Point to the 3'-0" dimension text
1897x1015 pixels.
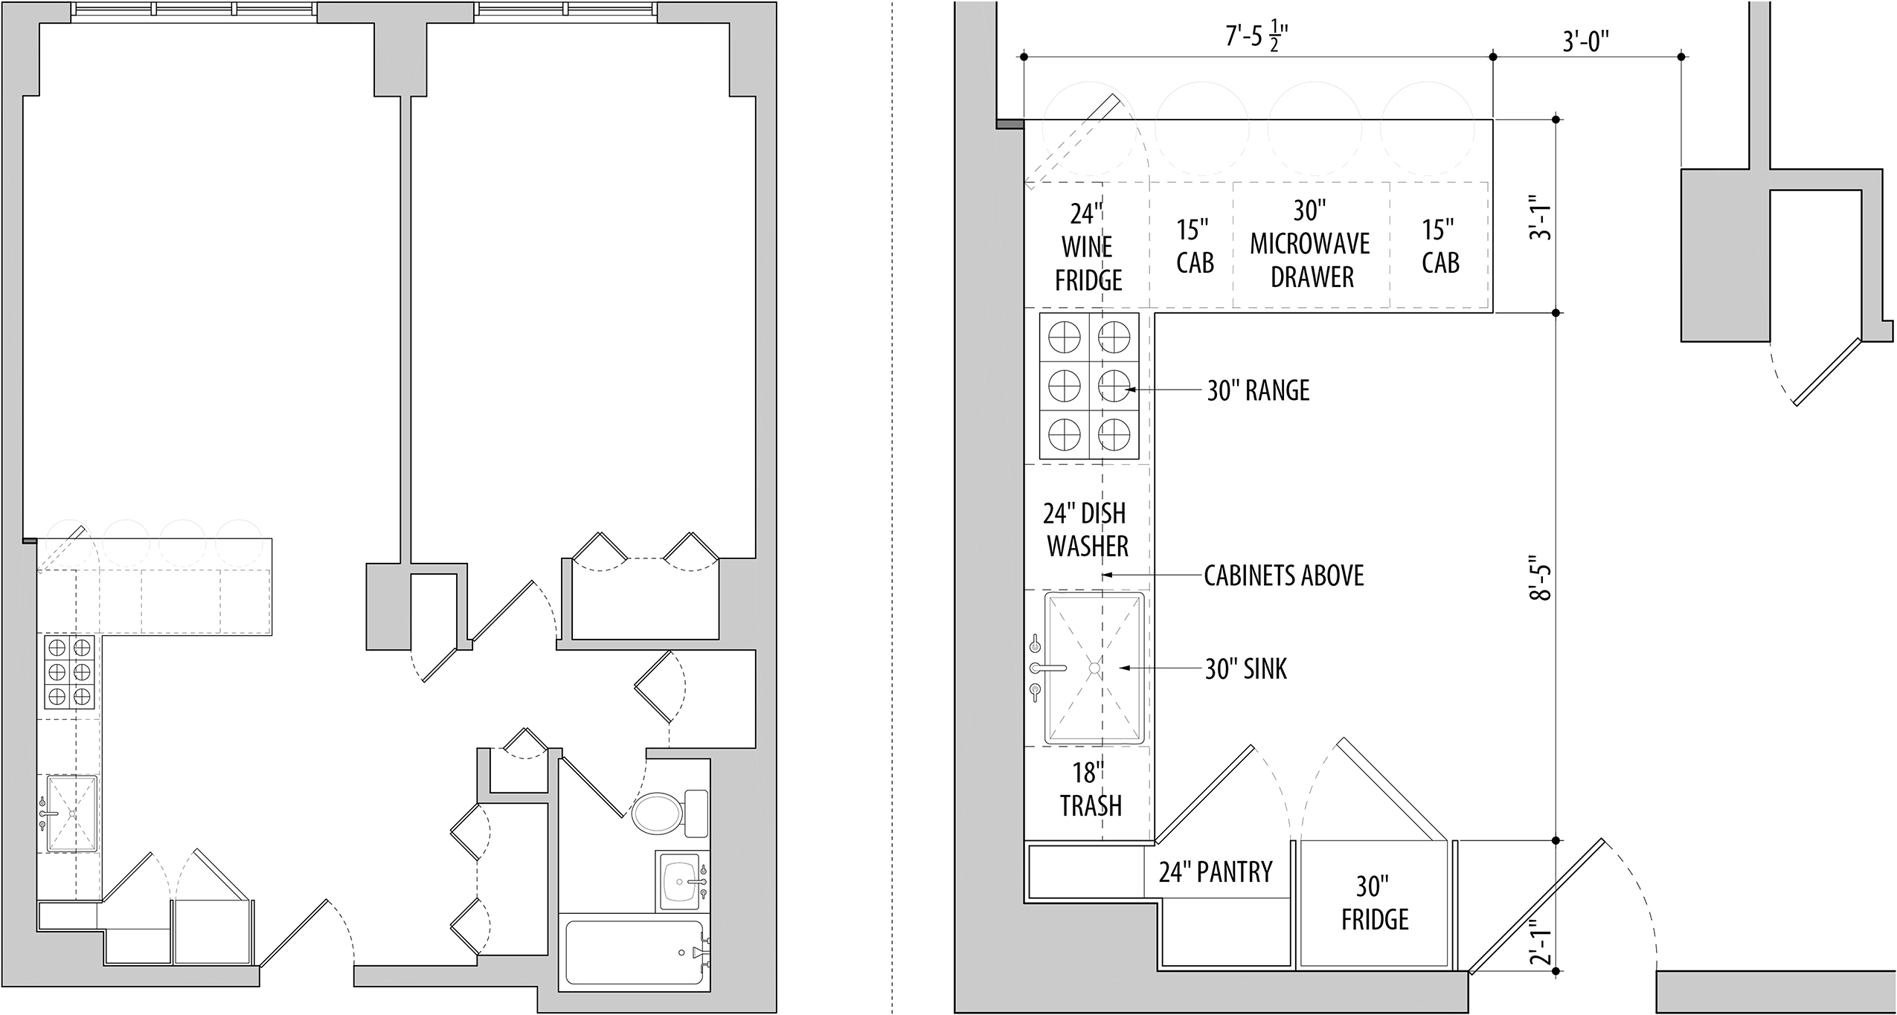click(x=1586, y=42)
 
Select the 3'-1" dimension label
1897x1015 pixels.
click(x=1542, y=217)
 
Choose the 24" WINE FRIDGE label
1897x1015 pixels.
click(x=1088, y=247)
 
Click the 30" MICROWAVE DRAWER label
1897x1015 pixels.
click(x=1310, y=244)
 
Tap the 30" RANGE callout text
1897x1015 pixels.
click(x=1258, y=390)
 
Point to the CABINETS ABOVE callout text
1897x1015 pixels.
click(x=1284, y=576)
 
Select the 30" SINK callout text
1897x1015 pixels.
click(x=1246, y=669)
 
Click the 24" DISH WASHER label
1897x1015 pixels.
click(x=1087, y=529)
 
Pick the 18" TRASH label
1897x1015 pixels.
click(x=1091, y=790)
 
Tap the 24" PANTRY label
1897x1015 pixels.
click(x=1216, y=871)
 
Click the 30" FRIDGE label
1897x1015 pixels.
click(x=1375, y=903)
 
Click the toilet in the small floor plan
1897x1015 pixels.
click(x=670, y=813)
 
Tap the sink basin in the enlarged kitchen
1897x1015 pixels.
click(x=1094, y=668)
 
